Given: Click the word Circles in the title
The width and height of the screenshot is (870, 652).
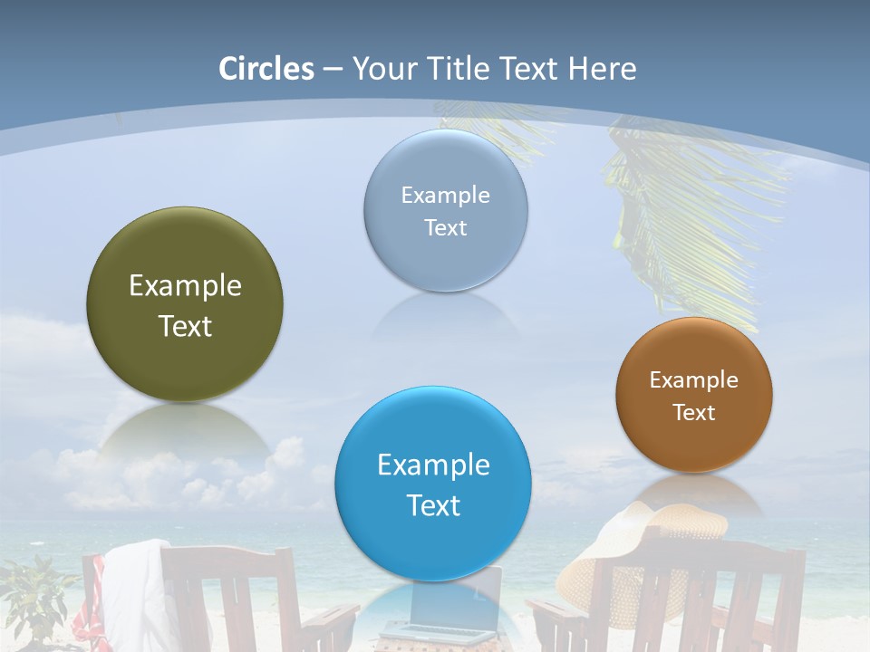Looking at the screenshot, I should (x=266, y=69).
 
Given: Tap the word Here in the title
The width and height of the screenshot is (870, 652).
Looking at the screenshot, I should (x=602, y=69).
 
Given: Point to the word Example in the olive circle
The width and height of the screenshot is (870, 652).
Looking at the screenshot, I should (x=185, y=286).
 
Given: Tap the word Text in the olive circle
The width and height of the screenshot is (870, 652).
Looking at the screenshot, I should (x=185, y=326).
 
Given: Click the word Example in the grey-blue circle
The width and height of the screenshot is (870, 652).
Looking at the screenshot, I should (x=445, y=195).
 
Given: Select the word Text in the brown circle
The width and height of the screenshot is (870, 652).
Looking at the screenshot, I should (x=694, y=412).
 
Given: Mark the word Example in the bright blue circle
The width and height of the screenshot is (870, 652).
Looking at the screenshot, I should (x=433, y=465).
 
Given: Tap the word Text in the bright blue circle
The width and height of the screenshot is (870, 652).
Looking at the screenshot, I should (x=433, y=505).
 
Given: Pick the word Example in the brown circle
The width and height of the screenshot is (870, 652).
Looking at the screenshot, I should (x=694, y=379).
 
